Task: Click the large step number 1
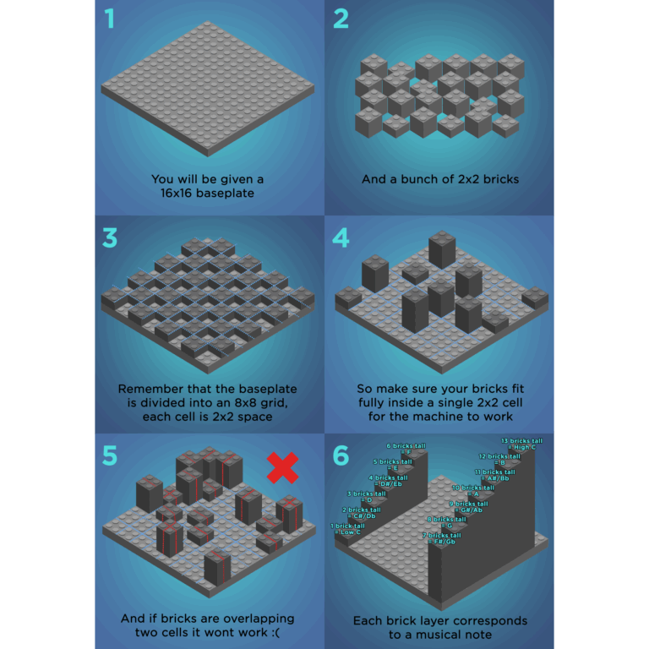pyautogui.click(x=108, y=19)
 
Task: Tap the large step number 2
pyautogui.click(x=341, y=19)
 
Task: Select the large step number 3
pyautogui.click(x=109, y=237)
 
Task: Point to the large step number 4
pyautogui.click(x=341, y=237)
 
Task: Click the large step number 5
pyautogui.click(x=109, y=455)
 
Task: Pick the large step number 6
pyautogui.click(x=341, y=455)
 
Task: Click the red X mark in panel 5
pyautogui.click(x=282, y=467)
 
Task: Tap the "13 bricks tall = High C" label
pyautogui.click(x=521, y=444)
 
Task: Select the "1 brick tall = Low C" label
pyautogui.click(x=348, y=529)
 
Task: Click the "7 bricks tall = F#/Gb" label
pyautogui.click(x=443, y=538)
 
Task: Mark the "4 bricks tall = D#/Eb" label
pyautogui.click(x=387, y=480)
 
